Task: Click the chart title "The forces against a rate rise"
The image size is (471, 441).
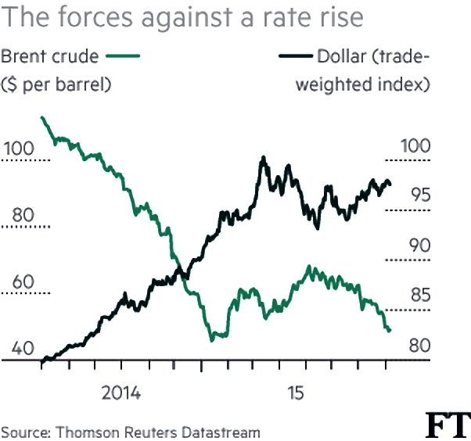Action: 182,18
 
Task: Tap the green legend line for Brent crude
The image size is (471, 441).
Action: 123,56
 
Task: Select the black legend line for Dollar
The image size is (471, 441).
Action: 296,56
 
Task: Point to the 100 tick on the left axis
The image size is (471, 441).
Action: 19,149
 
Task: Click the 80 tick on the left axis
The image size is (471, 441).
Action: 23,215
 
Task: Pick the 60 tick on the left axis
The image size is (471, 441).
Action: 23,282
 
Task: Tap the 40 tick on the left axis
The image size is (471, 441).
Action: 23,348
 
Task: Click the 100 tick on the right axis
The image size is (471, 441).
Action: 415,146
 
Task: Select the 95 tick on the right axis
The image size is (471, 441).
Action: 421,195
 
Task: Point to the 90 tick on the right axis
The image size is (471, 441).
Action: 420,246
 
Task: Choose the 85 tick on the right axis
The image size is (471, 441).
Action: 421,295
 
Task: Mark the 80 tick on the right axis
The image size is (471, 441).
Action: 420,346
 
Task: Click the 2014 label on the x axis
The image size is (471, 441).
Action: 121,393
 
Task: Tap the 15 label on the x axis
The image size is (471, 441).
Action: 296,393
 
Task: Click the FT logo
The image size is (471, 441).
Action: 448,425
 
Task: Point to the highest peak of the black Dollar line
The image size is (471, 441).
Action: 264,157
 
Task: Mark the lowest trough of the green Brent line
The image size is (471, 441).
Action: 212,340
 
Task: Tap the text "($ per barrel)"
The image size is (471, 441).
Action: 56,84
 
